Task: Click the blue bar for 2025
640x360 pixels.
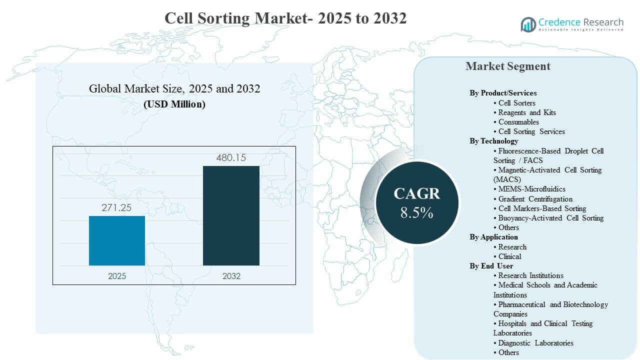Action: tap(117, 240)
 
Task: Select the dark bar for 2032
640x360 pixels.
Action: tap(231, 215)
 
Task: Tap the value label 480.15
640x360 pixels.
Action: tap(231, 157)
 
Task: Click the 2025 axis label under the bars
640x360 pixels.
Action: tap(117, 276)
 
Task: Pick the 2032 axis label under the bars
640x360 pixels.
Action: tap(231, 276)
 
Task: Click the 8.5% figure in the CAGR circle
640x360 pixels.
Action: tap(416, 213)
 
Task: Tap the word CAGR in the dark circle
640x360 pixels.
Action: tap(416, 194)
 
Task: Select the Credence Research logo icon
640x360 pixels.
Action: tap(528, 24)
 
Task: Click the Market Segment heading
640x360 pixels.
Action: tap(507, 66)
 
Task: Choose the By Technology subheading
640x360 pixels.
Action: tap(493, 141)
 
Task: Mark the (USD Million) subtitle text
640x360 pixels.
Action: tap(174, 104)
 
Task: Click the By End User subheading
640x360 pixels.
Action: tap(491, 266)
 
